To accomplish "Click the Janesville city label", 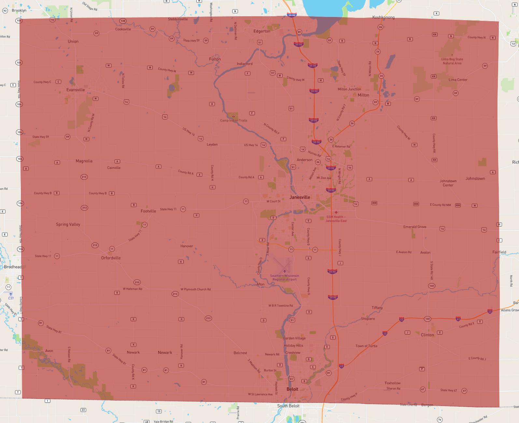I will pos(300,197).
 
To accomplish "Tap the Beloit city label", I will pos(292,389).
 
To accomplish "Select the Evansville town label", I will pos(76,90).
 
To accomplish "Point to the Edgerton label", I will pos(262,31).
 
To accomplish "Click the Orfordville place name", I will pos(111,258).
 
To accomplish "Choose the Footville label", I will pos(148,211).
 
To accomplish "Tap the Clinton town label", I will pos(427,335).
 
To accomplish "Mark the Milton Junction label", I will pos(349,89).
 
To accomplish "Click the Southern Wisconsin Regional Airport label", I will pos(285,278).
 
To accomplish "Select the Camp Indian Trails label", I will pos(233,120).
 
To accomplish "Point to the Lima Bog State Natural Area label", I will pos(452,61).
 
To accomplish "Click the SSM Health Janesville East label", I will pos(336,219).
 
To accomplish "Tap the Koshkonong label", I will pos(383,17).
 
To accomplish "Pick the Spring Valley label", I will pos(68,225).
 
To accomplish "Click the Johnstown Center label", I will pos(448,183).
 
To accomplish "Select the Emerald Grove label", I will pos(414,227).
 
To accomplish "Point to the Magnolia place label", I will pos(84,161).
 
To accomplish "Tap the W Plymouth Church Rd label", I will pos(195,289).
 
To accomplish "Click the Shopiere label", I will pos(368,319).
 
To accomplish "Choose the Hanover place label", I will pos(187,246).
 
